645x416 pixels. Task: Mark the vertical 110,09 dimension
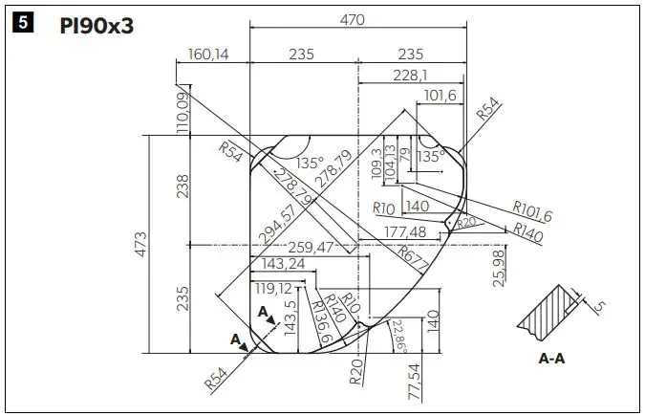[182, 112]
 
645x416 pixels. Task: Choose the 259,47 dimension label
[304, 247]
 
